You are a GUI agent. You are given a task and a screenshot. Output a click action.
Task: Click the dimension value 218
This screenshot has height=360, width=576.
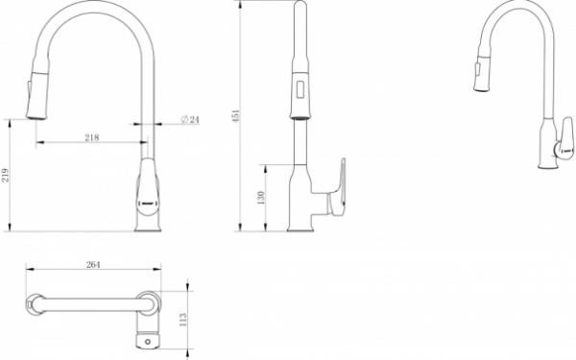[92, 138]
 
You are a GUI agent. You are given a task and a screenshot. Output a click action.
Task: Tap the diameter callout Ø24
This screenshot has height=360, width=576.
[189, 120]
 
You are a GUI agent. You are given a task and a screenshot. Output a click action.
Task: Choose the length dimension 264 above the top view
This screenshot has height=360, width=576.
[93, 265]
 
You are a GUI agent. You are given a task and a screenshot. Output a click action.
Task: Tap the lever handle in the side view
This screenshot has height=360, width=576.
[337, 187]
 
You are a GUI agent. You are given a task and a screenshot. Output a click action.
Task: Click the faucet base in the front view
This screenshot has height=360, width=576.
[147, 224]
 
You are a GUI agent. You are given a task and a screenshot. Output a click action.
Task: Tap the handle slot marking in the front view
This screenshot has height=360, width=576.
[147, 204]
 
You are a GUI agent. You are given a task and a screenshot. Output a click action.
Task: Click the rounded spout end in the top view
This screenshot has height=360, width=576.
[36, 304]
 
